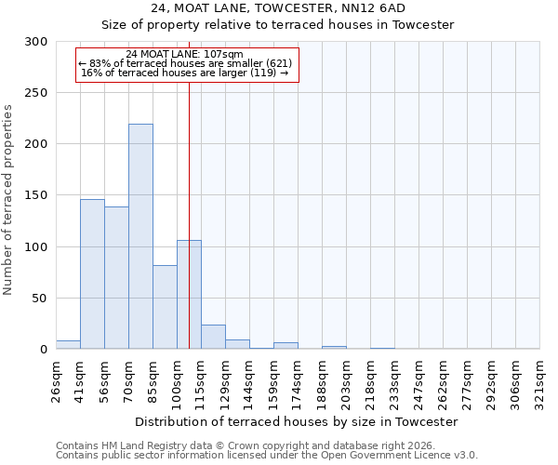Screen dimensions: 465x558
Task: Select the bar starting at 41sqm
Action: click(92, 274)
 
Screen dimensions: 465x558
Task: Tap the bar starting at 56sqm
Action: click(116, 278)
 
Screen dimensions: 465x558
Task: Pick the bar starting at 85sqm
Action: click(165, 307)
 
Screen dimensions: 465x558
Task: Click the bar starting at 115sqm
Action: click(213, 337)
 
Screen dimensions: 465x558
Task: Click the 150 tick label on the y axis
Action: click(37, 196)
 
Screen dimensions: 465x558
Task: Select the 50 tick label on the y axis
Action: click(41, 299)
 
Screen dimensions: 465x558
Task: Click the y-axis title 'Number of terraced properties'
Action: click(9, 200)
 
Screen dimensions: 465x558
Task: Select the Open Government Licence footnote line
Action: click(267, 456)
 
